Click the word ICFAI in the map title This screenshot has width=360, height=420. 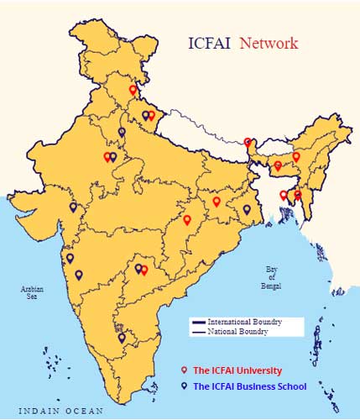pos(207,43)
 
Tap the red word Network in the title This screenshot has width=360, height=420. pos(269,43)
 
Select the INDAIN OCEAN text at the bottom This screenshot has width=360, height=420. pos(61,412)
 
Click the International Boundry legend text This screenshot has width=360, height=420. pos(244,323)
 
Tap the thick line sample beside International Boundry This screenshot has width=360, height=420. pos(198,323)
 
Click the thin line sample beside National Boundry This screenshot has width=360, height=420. pos(198,332)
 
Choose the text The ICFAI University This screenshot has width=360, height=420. pos(237,370)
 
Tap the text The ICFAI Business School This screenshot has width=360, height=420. pos(250,386)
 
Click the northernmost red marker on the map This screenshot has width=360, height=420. pos(133,90)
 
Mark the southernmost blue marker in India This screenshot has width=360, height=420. pos(123,339)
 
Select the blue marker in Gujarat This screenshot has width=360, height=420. pos(73,207)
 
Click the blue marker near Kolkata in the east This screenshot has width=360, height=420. pos(247,209)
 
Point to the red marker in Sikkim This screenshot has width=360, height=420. pos(248,143)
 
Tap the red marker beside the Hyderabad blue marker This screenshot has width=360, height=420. pos(144,270)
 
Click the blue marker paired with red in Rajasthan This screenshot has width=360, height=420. pos(113,156)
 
